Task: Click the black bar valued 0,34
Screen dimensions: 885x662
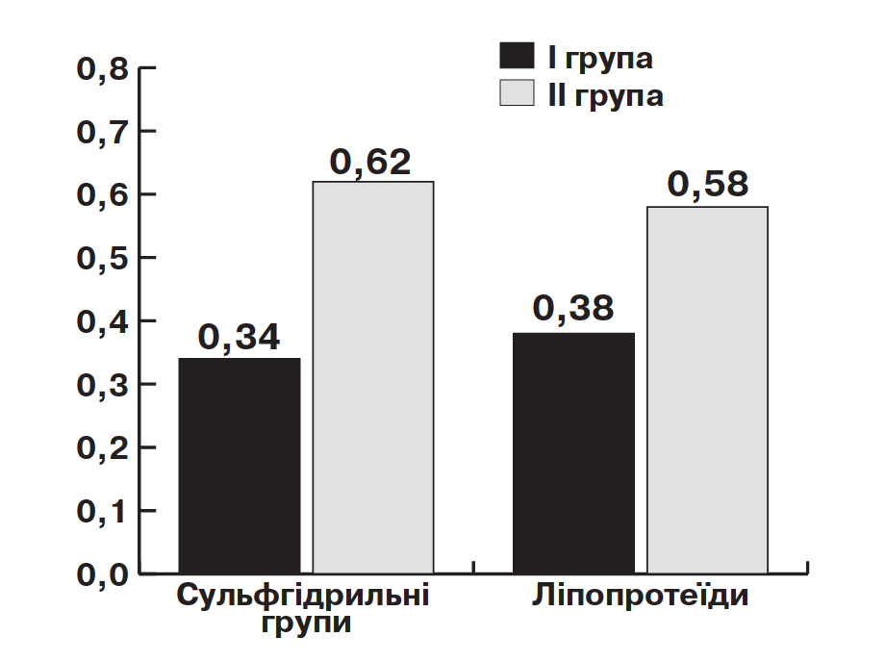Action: tap(240, 466)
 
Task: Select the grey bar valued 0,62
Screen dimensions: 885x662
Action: tap(373, 377)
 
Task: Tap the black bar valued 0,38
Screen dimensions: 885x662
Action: tap(573, 453)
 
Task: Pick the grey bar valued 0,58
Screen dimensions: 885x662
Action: tap(707, 390)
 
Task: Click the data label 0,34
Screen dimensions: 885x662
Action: tap(239, 338)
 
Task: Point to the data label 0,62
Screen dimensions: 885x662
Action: tap(370, 163)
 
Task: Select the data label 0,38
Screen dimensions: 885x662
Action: tap(573, 308)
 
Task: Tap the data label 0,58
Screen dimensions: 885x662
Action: tap(708, 184)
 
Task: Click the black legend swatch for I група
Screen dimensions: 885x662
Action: tap(517, 55)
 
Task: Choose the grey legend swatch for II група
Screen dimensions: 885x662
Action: tap(517, 92)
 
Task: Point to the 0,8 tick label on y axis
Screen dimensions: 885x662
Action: tap(103, 69)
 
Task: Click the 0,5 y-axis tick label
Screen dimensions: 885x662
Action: tap(103, 259)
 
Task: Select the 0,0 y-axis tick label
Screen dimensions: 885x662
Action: tap(103, 575)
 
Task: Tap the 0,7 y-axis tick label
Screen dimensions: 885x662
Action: tap(103, 133)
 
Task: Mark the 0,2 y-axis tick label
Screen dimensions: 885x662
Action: tap(103, 448)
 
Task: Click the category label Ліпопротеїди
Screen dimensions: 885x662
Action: tap(640, 596)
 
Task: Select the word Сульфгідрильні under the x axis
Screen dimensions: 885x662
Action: tap(303, 596)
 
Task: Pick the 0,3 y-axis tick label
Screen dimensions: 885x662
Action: tap(103, 386)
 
